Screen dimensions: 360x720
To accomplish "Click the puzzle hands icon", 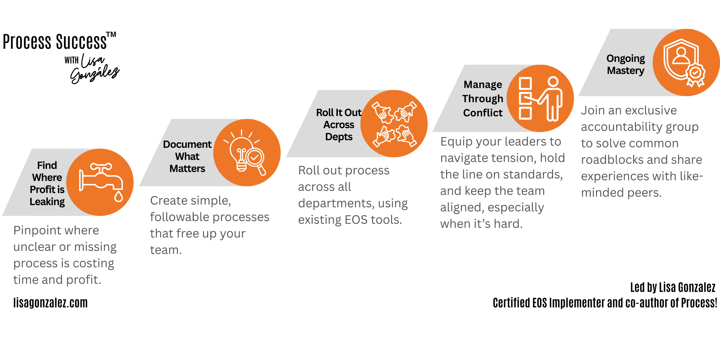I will (x=394, y=124).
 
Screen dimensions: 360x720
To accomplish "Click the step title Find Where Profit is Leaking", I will (x=47, y=183).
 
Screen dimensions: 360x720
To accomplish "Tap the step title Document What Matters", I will (x=187, y=156).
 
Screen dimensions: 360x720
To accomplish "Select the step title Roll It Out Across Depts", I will (x=339, y=125).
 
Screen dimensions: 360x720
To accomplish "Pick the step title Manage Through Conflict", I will (x=483, y=99).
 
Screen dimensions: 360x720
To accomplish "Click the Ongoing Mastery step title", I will (x=625, y=64).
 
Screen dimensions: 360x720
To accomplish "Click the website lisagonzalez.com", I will (x=51, y=303).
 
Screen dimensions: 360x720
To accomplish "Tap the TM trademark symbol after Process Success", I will (x=111, y=35).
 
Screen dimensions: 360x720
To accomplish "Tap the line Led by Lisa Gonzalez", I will (x=672, y=287).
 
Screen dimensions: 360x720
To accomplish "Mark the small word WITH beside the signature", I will (x=71, y=60).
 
